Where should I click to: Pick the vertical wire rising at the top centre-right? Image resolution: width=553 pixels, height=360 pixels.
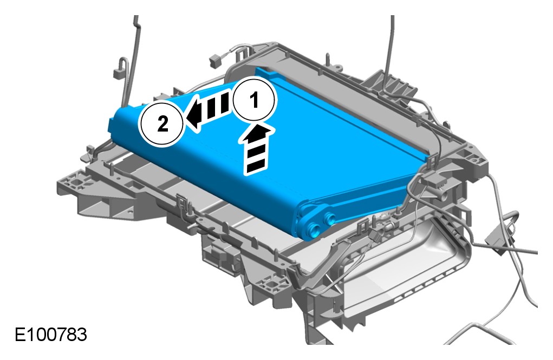pyautogui.click(x=391, y=43)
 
